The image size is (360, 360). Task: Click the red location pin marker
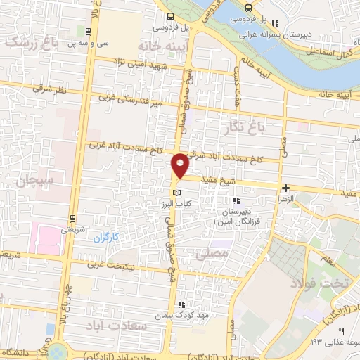tap(181, 165)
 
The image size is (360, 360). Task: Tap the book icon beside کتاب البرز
tap(176, 192)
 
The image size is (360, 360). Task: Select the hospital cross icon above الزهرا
tap(285, 188)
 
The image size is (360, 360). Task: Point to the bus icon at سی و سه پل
tap(86, 32)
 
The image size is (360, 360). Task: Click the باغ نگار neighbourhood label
tap(255, 129)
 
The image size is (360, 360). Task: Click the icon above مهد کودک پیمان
tap(181, 304)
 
